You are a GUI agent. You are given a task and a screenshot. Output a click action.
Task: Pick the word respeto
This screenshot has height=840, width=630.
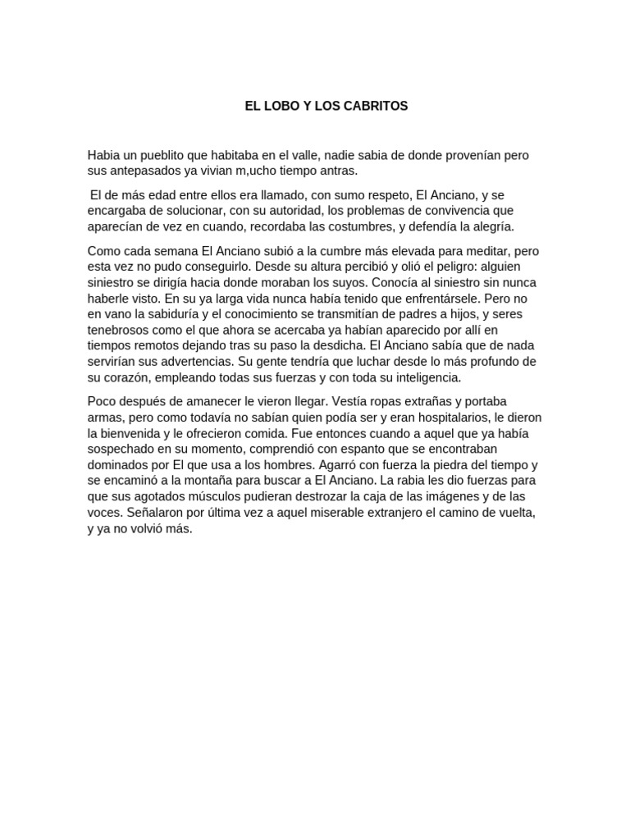tap(381, 196)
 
